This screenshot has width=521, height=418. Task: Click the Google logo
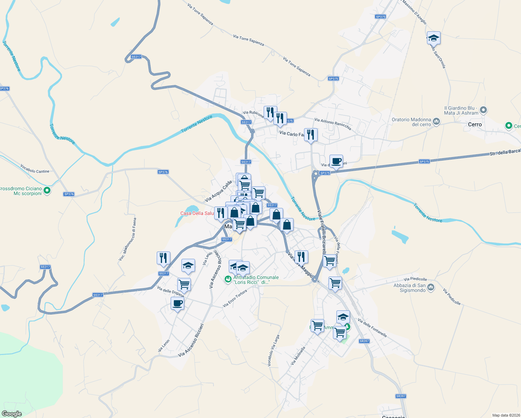click(12, 413)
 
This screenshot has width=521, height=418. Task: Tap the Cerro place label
click(475, 124)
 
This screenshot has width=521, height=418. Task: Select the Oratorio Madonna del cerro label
click(411, 122)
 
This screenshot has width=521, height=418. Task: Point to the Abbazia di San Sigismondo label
click(410, 288)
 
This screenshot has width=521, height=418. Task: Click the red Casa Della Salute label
click(197, 213)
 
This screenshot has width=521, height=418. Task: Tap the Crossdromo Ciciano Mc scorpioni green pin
click(47, 191)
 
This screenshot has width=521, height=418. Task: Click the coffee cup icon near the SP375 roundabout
click(336, 161)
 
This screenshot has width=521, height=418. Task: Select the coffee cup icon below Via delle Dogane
click(177, 303)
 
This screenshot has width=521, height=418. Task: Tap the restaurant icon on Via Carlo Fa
click(311, 134)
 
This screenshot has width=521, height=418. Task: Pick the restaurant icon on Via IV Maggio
click(301, 257)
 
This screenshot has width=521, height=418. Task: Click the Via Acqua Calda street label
click(218, 191)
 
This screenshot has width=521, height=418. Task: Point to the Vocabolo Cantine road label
click(35, 169)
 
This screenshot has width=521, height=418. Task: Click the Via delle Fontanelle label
click(372, 328)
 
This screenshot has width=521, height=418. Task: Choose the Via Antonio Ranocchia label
click(333, 124)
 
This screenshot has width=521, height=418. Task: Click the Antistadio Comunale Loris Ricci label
click(256, 280)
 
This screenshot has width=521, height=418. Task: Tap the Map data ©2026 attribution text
click(506, 415)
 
